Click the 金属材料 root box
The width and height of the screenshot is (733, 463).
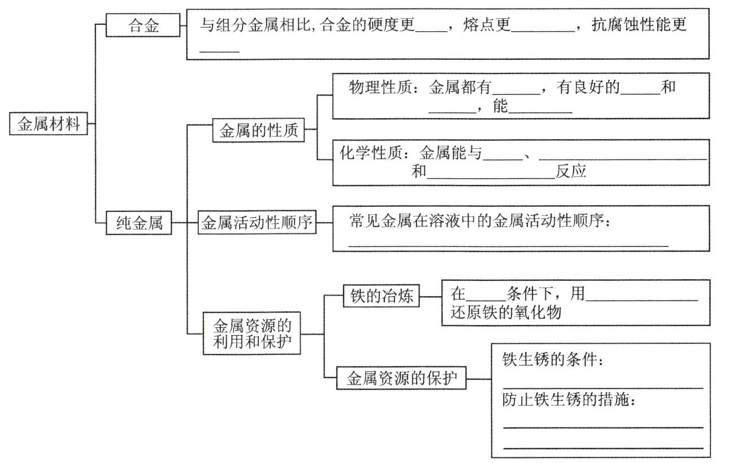[x=49, y=124]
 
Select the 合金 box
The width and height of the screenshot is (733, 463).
[x=144, y=26]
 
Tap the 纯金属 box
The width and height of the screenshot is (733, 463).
[x=140, y=224]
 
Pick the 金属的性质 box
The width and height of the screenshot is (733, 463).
[x=258, y=131]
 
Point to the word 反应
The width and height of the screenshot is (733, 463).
[x=571, y=172]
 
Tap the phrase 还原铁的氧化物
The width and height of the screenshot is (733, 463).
[x=506, y=312]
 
